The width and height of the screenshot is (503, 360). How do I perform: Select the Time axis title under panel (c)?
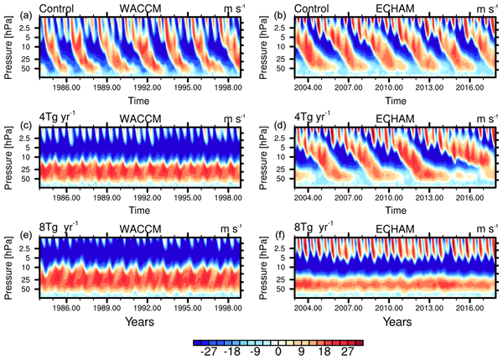(135, 208)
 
